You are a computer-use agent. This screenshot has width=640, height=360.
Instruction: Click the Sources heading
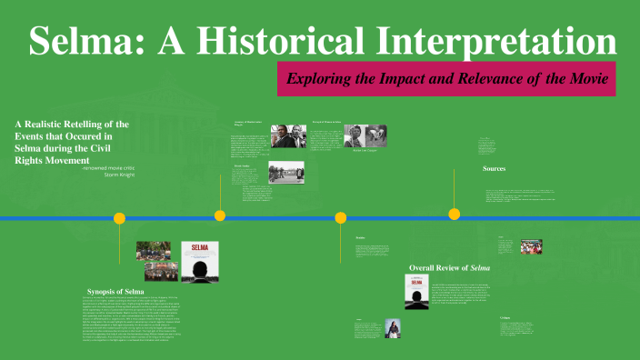coord(495,169)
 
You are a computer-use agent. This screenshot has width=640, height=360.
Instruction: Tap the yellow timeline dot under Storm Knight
coord(119,218)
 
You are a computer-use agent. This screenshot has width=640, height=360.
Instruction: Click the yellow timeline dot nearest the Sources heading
coord(454,214)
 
